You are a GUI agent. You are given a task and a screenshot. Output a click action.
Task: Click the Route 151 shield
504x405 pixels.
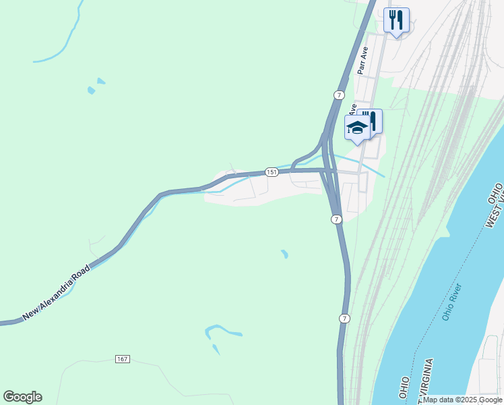pos(271,172)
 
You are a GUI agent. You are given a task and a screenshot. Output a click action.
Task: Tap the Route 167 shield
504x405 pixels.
pos(122,358)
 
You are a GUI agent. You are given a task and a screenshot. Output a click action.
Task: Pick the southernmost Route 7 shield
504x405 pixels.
pos(344,318)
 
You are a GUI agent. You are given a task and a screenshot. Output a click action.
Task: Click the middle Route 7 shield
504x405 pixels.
pos(336,219)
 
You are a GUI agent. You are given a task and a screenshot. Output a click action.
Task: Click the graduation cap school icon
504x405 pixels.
pos(356,128)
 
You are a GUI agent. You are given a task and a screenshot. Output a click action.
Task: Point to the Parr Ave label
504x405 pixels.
pos(363,60)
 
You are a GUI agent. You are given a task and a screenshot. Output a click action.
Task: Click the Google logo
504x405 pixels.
pos(22,397)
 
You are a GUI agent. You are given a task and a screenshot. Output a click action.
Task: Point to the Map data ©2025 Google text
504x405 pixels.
pos(463,400)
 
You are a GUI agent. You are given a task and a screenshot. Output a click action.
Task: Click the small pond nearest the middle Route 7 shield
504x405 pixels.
pos(285,254)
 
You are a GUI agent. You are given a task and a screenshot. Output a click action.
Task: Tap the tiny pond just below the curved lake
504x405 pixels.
pos(216,350)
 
